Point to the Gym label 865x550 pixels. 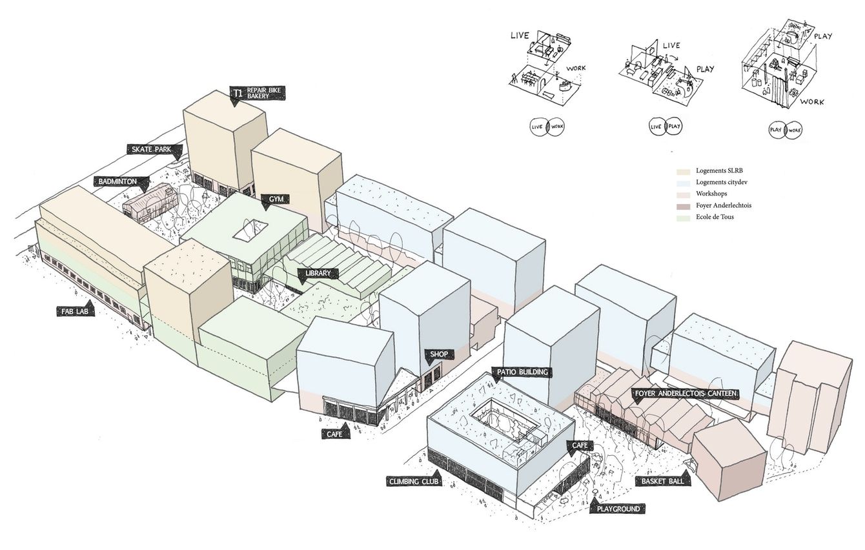coord(276,199)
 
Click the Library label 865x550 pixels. coord(318,273)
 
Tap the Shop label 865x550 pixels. coord(438,354)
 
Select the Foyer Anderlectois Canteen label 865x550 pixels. coord(686,393)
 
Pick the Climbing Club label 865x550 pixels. coord(414,482)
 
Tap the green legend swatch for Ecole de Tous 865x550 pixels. coord(684,217)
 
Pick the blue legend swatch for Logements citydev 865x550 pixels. coord(684,183)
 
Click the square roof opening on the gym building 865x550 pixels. coord(250,230)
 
